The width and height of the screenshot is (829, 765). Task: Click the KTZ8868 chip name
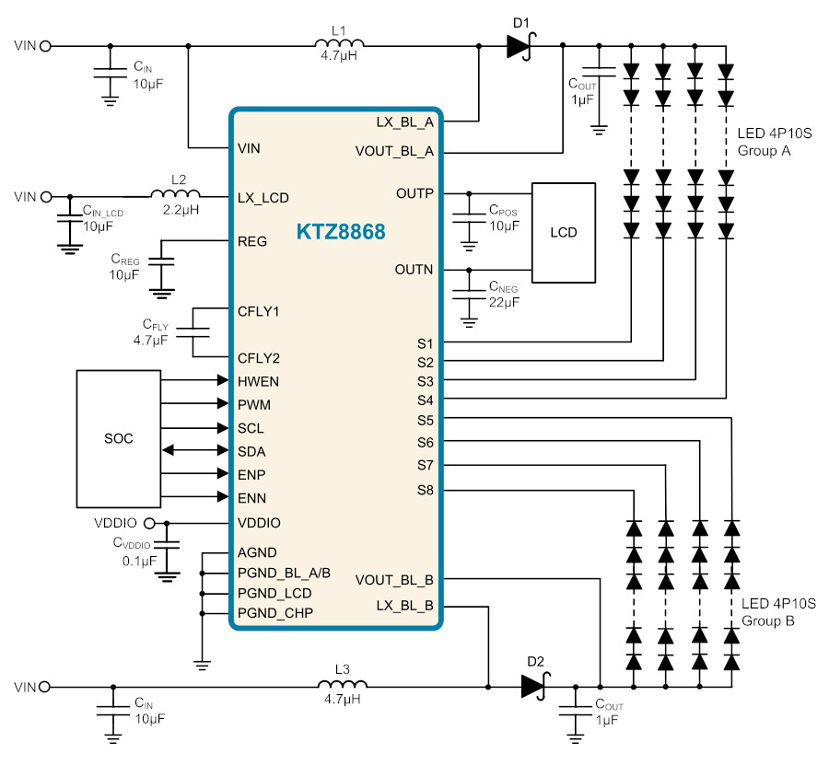341,231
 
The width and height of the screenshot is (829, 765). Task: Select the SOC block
119,438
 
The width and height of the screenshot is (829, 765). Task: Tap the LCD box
564,233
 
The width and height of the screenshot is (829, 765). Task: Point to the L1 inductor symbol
339,43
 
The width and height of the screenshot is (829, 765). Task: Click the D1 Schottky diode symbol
520,46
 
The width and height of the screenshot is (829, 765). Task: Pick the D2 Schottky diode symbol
535,686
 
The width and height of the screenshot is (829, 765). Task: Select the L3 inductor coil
343,684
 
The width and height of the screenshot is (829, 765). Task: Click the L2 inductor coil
176,194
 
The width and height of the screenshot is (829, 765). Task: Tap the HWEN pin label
258,381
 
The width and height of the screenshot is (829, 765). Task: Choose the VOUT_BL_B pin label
394,580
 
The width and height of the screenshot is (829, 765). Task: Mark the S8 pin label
425,491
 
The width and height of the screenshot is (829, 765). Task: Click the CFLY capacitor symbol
193,332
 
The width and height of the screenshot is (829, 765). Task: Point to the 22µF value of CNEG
504,302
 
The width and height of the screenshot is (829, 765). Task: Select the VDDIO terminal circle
149,524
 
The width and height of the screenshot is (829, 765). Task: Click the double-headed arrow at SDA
195,450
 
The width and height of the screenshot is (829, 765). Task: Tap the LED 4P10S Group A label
775,142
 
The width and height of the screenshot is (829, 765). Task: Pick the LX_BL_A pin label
405,122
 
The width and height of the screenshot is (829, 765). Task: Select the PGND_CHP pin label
275,613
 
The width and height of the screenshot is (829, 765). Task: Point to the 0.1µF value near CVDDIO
140,561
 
